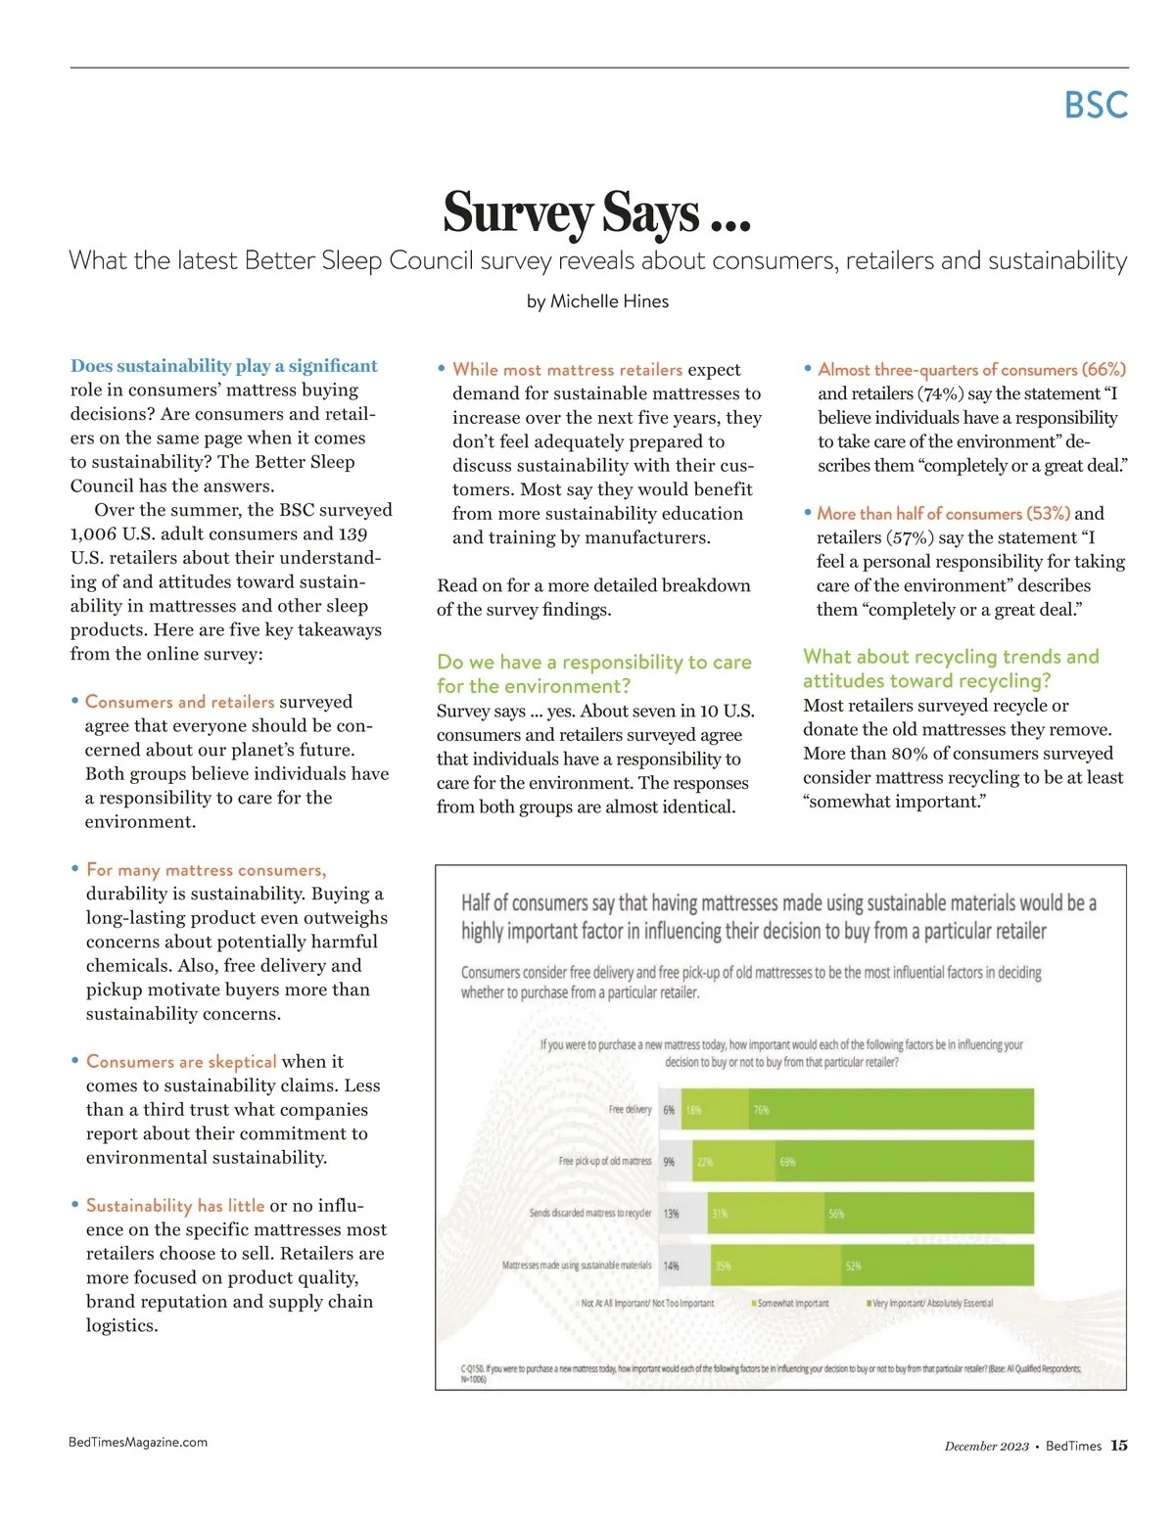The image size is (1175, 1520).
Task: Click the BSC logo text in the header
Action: click(1096, 106)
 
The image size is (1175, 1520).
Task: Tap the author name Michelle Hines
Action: click(609, 301)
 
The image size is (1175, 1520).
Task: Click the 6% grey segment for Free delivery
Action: click(670, 1110)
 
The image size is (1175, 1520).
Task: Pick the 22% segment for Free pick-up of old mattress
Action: click(733, 1162)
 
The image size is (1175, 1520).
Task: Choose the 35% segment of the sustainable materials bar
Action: click(773, 1266)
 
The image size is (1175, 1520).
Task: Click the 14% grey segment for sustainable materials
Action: click(672, 1266)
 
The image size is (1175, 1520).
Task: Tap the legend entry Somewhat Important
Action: click(792, 1304)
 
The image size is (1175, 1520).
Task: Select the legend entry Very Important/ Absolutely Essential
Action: click(931, 1304)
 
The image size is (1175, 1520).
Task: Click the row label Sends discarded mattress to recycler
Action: click(590, 1214)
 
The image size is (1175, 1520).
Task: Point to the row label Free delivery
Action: click(630, 1110)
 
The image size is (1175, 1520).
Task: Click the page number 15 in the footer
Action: click(1119, 1446)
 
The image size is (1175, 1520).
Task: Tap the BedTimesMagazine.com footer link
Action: click(138, 1442)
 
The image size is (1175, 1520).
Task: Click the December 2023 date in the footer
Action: click(986, 1447)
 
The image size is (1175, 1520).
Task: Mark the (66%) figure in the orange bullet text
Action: click(1104, 370)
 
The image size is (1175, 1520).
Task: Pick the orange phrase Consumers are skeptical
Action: click(181, 1062)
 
